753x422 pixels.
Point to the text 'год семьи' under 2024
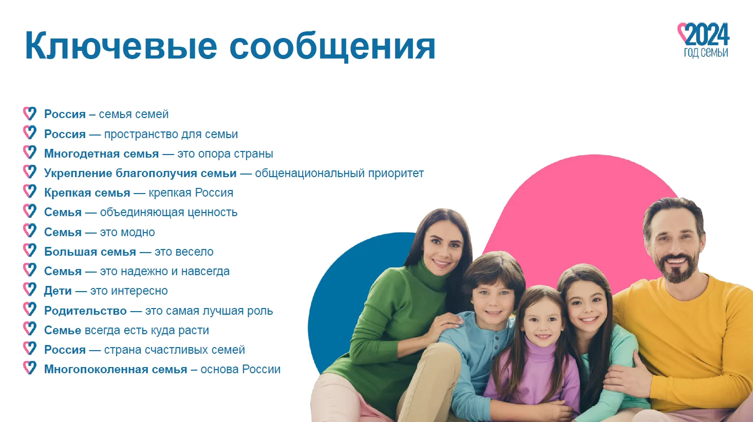point(706,53)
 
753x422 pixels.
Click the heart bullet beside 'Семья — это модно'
point(30,231)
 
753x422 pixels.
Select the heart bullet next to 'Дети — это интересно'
point(30,290)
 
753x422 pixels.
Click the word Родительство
point(85,311)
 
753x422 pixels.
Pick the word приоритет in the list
point(396,174)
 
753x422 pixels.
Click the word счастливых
point(181,350)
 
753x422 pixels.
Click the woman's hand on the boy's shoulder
point(443,325)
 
